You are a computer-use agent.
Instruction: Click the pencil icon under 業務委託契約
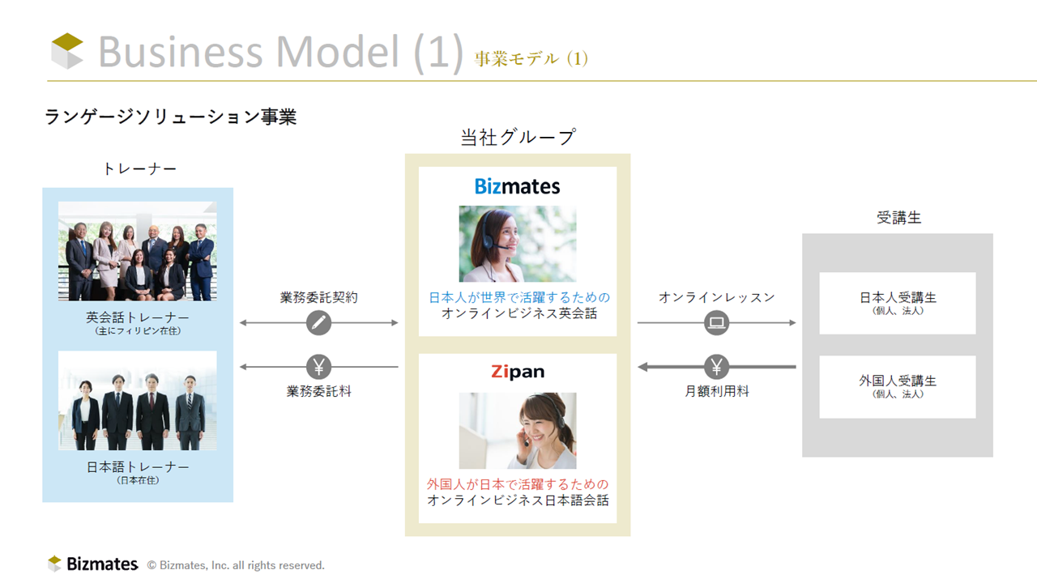tap(318, 322)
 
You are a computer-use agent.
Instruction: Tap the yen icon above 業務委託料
tap(318, 367)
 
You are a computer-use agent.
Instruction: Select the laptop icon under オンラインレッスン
tap(717, 322)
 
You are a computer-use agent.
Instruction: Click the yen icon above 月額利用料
tap(717, 367)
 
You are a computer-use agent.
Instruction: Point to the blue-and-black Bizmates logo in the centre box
tap(517, 186)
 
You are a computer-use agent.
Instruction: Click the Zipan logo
tap(518, 372)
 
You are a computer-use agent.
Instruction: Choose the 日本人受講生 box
tap(898, 303)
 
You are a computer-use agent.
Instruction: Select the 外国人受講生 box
tap(898, 387)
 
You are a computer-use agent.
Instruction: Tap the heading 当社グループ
tap(518, 137)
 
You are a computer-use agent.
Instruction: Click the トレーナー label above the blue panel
tap(139, 169)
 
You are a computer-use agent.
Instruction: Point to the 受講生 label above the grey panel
tap(898, 218)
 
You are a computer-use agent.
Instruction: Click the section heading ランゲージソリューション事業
tap(170, 117)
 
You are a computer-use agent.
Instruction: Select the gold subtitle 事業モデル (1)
tap(531, 59)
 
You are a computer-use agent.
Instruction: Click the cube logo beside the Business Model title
tap(67, 51)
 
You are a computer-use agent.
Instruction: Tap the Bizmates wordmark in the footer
tap(102, 564)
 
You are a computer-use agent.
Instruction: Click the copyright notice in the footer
tap(236, 565)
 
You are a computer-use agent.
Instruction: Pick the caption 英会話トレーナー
tap(138, 317)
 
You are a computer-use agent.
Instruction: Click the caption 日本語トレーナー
tap(138, 467)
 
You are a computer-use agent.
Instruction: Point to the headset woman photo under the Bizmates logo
tap(518, 244)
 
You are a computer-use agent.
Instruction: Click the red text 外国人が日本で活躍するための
tap(518, 484)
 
